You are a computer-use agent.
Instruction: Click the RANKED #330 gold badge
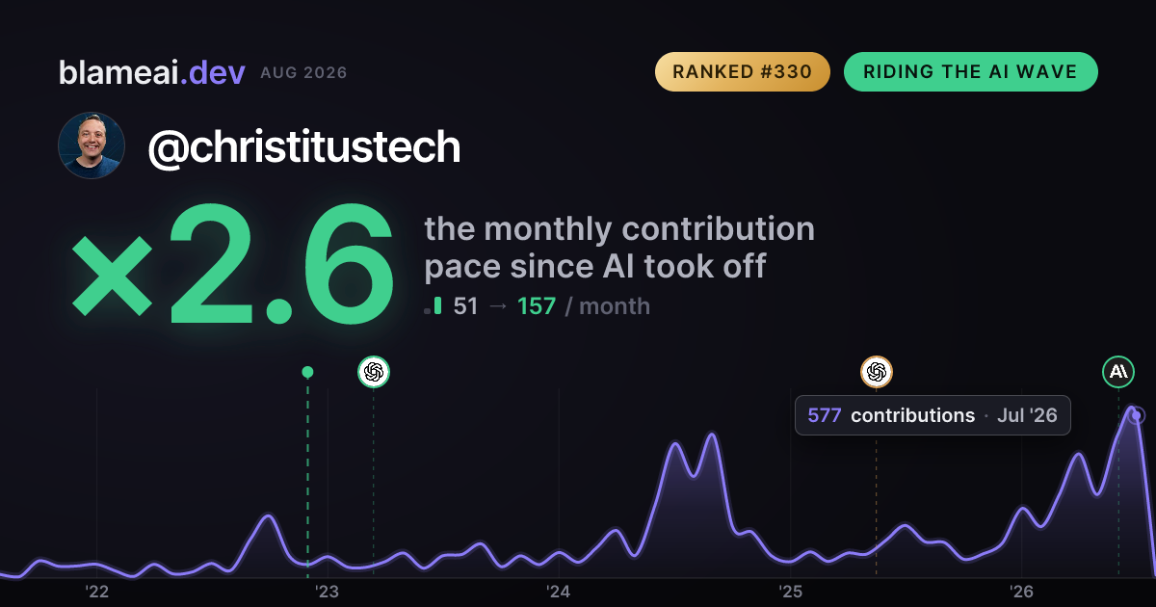(x=742, y=71)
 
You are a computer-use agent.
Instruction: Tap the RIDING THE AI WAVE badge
(x=971, y=71)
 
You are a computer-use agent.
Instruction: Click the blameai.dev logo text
(x=152, y=72)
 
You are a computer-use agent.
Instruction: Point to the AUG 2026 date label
(x=303, y=73)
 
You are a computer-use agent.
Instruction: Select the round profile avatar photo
(x=92, y=145)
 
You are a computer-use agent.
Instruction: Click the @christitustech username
(x=304, y=148)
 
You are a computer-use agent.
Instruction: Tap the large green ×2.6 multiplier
(x=233, y=264)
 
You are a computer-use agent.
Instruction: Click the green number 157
(x=537, y=306)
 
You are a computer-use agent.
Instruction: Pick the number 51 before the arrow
(x=465, y=306)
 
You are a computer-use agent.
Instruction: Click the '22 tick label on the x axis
(x=96, y=592)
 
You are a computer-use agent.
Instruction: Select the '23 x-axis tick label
(x=328, y=592)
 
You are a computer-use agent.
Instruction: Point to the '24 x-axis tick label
(x=559, y=592)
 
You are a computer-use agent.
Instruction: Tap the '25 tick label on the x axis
(x=790, y=592)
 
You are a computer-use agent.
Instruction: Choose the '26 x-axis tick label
(x=1021, y=592)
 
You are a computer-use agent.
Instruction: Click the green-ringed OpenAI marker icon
(x=374, y=372)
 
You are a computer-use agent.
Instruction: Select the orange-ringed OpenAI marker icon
(x=877, y=372)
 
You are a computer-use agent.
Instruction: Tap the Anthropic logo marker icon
(x=1118, y=372)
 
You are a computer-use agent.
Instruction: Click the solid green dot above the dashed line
(x=307, y=372)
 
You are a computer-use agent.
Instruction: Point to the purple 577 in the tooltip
(x=825, y=415)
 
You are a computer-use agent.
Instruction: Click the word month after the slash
(x=615, y=306)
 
